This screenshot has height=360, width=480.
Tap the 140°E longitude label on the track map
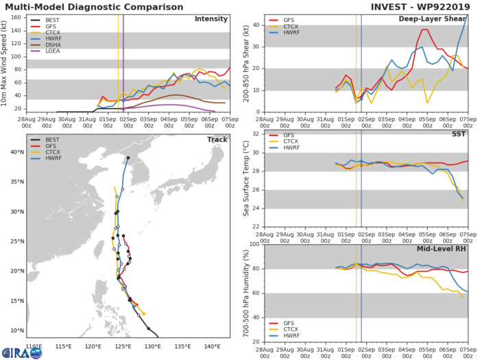click(212, 346)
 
